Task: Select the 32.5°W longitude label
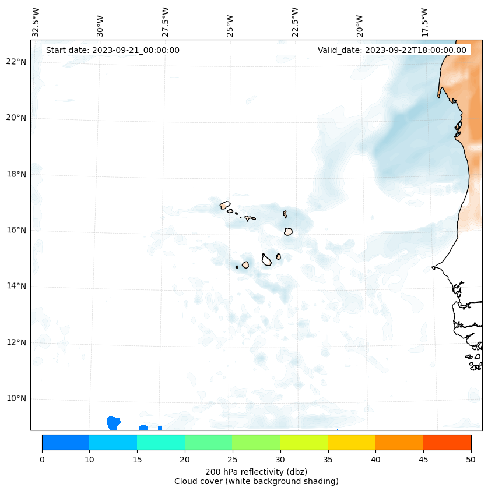[36, 22]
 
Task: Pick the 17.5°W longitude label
[425, 22]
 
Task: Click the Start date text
[113, 50]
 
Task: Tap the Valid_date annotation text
[392, 50]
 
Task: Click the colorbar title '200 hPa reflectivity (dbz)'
[256, 471]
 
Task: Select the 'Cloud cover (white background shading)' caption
[256, 481]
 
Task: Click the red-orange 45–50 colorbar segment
[447, 442]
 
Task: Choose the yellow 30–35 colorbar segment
[303, 442]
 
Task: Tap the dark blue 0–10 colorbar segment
[65, 442]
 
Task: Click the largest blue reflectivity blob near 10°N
[113, 423]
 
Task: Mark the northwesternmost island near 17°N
[225, 205]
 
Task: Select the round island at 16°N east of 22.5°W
[288, 232]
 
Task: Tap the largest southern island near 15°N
[266, 260]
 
